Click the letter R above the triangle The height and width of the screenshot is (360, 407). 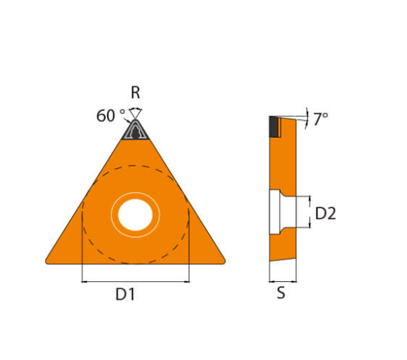pyautogui.click(x=135, y=92)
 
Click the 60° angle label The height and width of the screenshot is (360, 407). pyautogui.click(x=111, y=115)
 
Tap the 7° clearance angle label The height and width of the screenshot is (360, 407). pyautogui.click(x=321, y=119)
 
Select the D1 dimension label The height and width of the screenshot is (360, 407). pyautogui.click(x=125, y=295)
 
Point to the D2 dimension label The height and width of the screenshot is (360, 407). pyautogui.click(x=325, y=213)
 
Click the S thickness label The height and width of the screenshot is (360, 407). pyautogui.click(x=281, y=293)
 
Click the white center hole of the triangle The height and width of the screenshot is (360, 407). pyautogui.click(x=135, y=215)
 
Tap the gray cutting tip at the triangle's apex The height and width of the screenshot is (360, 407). pyautogui.click(x=135, y=129)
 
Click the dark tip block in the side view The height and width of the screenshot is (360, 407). pyautogui.click(x=274, y=126)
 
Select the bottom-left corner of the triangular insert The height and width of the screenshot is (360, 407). pyautogui.click(x=46, y=262)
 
